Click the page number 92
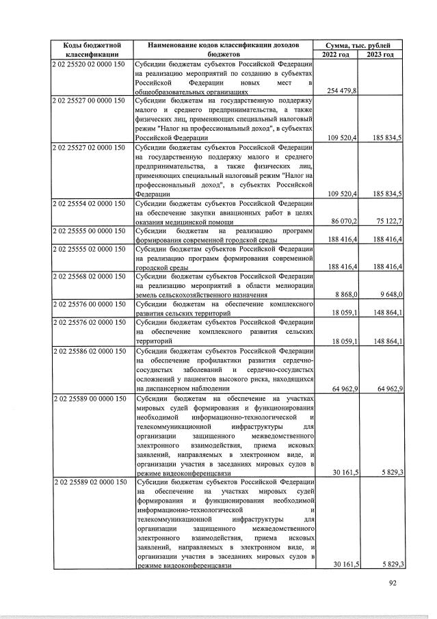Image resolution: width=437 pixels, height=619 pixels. [393, 583]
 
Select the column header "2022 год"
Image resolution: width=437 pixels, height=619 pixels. [336, 53]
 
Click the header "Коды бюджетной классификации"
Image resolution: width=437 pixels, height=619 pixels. [92, 49]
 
